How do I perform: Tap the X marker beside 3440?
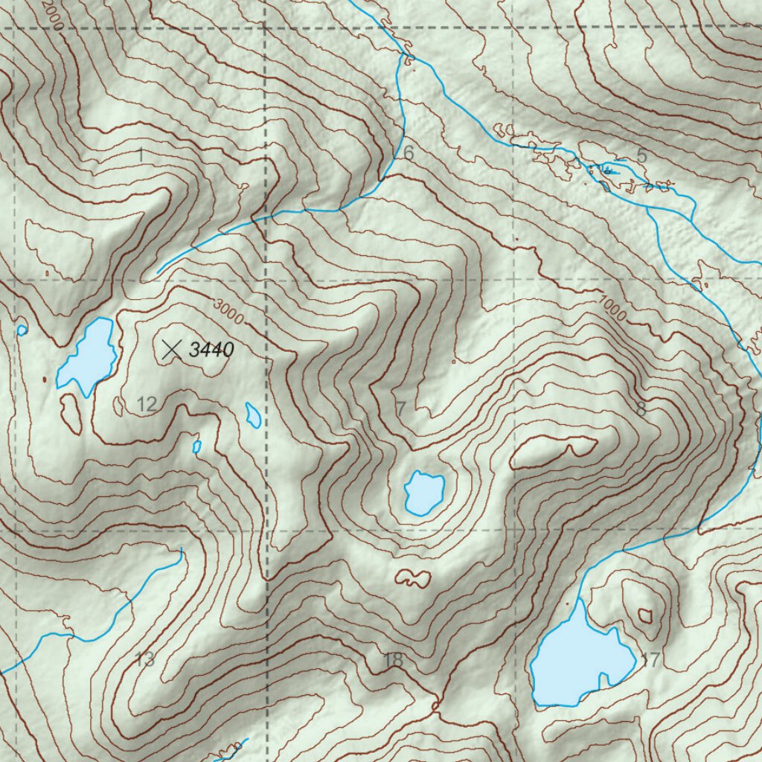pos(172,348)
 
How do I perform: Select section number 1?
pos(141,156)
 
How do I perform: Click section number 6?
pos(409,153)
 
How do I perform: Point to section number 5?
pos(641,156)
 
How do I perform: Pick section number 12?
pos(147,405)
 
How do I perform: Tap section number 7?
pos(400,409)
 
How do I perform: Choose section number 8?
pos(641,409)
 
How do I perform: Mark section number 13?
pos(144,659)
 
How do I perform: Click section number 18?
pos(393,659)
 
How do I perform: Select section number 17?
pos(650,659)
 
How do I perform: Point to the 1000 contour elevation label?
pos(611,308)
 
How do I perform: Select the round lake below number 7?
pos(424,492)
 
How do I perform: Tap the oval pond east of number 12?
pos(254,414)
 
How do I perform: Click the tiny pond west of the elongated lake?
pos(22,329)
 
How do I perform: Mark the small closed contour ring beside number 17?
pos(644,615)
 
